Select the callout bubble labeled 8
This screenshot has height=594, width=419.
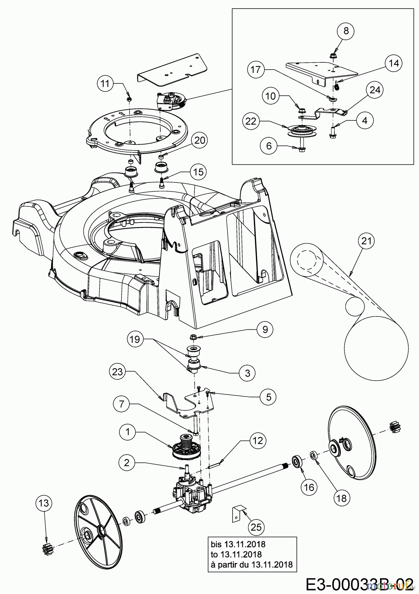tap(345, 31)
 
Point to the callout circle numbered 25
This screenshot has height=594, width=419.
tap(256, 527)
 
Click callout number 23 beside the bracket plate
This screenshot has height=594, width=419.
tap(118, 372)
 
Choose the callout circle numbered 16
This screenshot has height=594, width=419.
tap(309, 487)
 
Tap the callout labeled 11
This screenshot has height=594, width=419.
tap(105, 83)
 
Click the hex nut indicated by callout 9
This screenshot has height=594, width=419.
tap(193, 337)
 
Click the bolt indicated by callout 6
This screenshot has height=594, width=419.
tap(301, 148)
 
